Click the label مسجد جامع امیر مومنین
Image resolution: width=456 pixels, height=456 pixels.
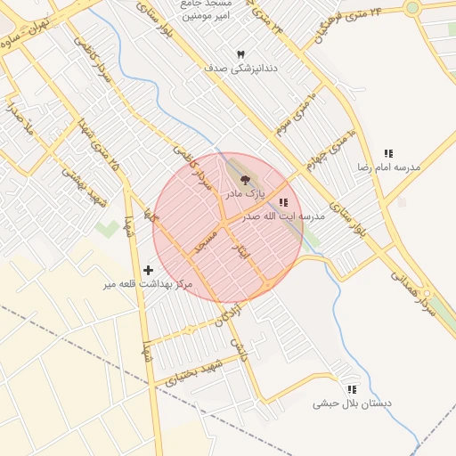click(208, 10)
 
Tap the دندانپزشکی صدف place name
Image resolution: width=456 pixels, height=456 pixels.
click(241, 68)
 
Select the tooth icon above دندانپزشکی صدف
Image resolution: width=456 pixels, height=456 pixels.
click(240, 54)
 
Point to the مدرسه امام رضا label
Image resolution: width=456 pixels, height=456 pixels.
click(387, 167)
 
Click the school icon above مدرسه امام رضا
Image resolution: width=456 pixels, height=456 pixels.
click(387, 153)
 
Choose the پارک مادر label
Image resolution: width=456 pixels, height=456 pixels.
click(244, 192)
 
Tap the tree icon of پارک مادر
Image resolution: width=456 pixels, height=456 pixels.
click(246, 180)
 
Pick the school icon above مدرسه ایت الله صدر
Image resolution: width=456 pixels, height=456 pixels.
click(284, 203)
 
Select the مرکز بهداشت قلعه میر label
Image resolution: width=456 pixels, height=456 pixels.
click(148, 283)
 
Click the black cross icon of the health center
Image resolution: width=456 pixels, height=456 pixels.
click(148, 269)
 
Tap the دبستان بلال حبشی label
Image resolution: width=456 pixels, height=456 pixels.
click(352, 403)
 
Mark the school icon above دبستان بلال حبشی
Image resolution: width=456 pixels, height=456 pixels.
click(352, 389)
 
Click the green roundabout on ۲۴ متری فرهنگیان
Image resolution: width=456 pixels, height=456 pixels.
click(412, 8)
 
